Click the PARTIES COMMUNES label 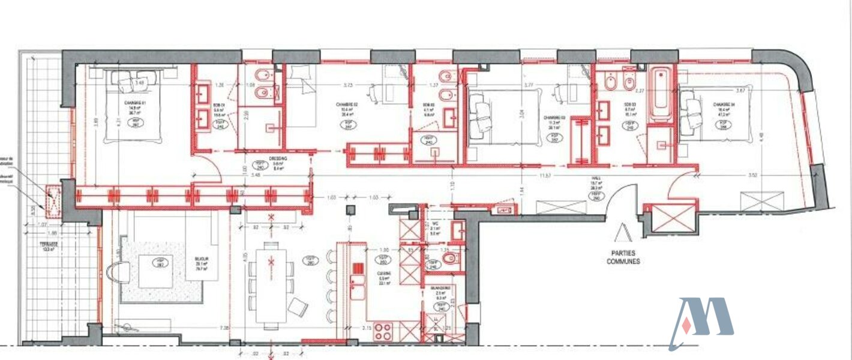[627, 257]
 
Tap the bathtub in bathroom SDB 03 [662, 94]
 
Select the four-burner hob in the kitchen [383, 331]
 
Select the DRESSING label [261, 159]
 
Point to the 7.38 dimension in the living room [225, 328]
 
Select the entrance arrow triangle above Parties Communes [622, 230]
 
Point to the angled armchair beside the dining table [298, 307]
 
